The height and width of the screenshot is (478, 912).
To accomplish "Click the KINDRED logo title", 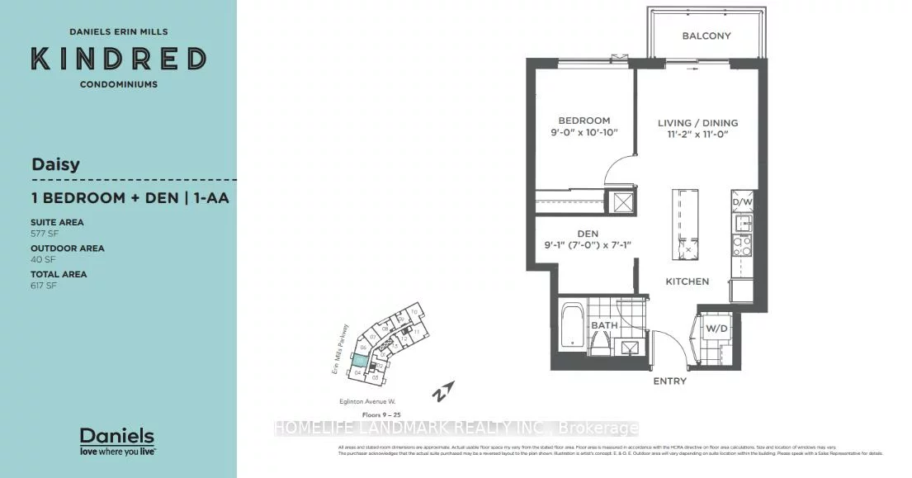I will click(118, 59).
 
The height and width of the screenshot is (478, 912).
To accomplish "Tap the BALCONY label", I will click(706, 36).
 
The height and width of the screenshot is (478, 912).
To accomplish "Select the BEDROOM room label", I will click(583, 121).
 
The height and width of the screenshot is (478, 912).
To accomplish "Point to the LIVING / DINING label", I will click(697, 123).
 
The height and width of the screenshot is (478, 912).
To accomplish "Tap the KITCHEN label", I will click(688, 282).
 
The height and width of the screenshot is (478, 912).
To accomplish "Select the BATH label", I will click(603, 326).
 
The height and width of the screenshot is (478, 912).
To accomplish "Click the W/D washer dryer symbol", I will click(715, 329).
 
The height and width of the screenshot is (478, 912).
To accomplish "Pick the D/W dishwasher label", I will click(740, 201).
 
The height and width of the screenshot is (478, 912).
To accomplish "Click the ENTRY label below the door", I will click(669, 381).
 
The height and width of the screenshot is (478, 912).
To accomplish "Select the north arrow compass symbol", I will click(445, 390).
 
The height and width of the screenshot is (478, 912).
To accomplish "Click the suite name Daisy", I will click(55, 163).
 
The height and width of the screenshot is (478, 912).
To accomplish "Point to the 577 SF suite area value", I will click(43, 232).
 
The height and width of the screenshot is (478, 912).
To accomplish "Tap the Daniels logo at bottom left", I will click(116, 441).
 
